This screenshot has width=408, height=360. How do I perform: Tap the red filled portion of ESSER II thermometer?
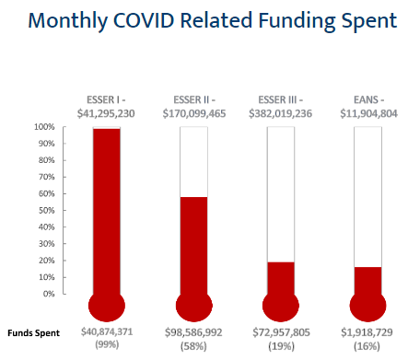193,245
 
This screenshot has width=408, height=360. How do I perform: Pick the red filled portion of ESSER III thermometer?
280,277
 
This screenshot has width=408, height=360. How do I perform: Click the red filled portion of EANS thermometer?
367,280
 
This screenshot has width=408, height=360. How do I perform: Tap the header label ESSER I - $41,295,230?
107,106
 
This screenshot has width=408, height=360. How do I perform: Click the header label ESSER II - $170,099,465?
193,106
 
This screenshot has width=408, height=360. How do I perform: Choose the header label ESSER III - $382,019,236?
280,106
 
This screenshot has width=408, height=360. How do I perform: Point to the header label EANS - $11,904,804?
367,106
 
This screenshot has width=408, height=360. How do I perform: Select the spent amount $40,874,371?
107,331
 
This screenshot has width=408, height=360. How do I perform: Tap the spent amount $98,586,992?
193,331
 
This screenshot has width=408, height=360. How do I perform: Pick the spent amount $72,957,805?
280,331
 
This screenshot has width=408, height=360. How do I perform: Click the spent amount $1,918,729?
367,331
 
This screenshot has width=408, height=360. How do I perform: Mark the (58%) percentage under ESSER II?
193,344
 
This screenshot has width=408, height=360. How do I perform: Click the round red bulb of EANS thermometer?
367,307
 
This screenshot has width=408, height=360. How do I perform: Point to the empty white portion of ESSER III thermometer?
280,193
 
